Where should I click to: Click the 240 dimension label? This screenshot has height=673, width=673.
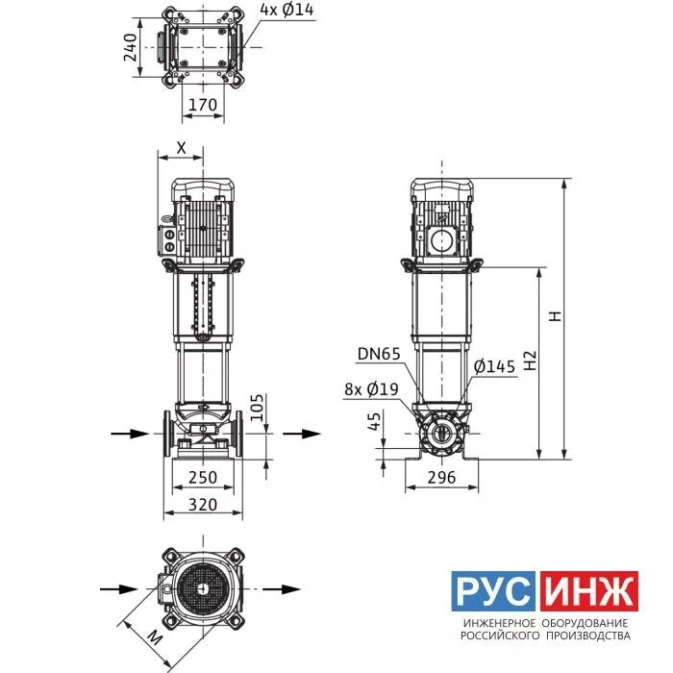130,48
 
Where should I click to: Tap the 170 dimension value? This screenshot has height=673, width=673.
203,105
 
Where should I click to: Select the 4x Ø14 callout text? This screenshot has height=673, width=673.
287,10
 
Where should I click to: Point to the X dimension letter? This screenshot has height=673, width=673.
182,148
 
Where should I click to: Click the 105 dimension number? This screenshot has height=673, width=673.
257,408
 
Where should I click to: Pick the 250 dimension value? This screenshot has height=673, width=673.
203,477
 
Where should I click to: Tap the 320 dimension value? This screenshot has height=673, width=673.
203,505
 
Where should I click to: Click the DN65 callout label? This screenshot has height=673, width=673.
379,354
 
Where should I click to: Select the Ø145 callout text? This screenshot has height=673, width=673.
494,366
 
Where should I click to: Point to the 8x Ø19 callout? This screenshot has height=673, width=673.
371,388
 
